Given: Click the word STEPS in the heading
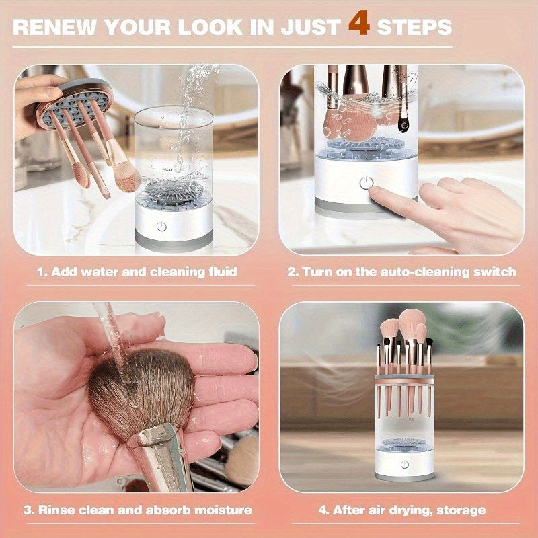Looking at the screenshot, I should click(x=414, y=27).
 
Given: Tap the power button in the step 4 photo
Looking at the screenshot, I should click(x=404, y=465).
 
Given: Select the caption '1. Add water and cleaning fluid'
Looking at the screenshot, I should click(x=137, y=272).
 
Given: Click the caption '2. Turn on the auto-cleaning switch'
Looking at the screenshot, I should click(x=401, y=272).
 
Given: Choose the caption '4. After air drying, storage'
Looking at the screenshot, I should click(x=401, y=510).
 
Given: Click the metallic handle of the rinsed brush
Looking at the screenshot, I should click(x=161, y=457).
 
